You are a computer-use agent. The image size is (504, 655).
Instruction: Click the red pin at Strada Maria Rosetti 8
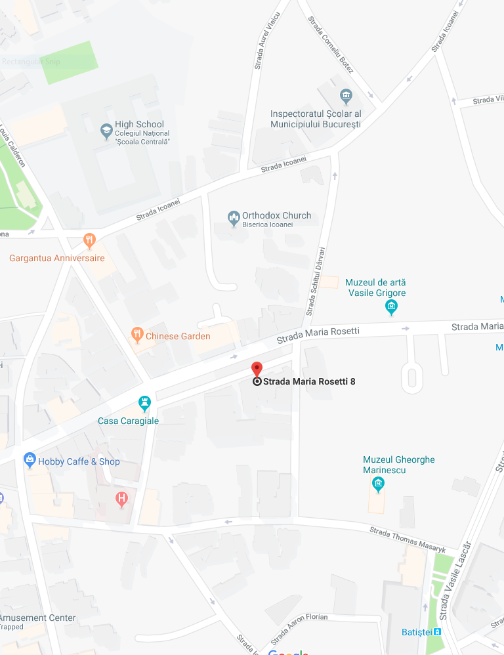(257, 369)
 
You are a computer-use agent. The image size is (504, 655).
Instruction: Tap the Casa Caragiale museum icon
(144, 403)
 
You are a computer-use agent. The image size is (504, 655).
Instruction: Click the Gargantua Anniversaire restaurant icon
(90, 241)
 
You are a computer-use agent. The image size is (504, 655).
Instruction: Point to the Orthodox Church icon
(233, 217)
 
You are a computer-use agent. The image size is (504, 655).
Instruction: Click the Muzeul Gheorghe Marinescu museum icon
(378, 484)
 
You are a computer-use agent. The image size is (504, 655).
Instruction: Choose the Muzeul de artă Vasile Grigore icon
(392, 306)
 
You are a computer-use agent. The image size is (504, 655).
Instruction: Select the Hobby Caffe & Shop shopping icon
(30, 459)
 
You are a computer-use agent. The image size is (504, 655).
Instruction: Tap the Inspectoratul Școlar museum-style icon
(346, 97)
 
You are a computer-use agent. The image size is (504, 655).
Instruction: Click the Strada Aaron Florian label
(299, 628)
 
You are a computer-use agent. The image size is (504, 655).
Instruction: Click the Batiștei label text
(416, 633)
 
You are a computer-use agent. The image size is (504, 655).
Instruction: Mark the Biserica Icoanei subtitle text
(267, 224)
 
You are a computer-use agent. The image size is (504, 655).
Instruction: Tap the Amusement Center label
(38, 618)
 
